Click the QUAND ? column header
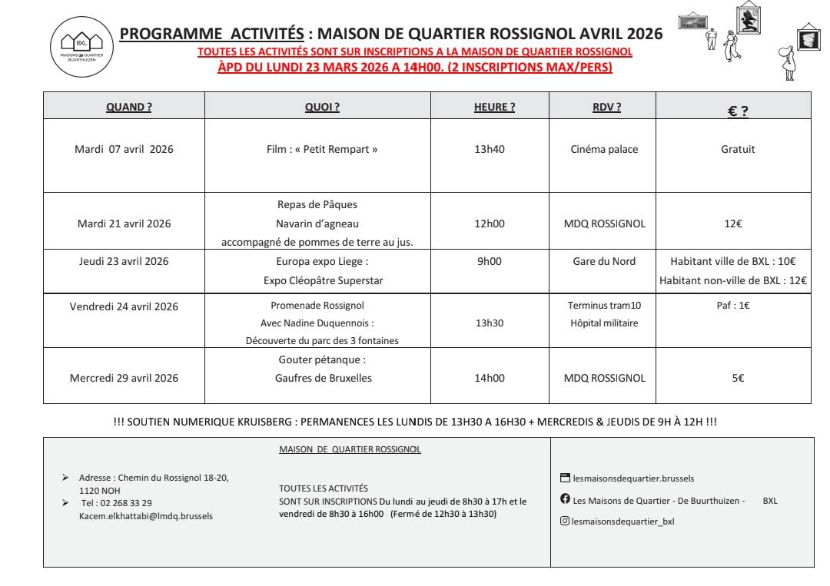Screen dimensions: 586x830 click(x=128, y=108)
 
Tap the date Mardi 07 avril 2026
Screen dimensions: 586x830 click(x=124, y=150)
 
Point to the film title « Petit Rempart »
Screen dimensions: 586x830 click(x=322, y=150)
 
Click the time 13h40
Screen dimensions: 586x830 click(x=489, y=150)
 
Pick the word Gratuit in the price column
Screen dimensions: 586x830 click(x=738, y=150)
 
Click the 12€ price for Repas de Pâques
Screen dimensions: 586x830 click(x=738, y=224)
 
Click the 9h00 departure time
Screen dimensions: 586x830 click(x=489, y=261)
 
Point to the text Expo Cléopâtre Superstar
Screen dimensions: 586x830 click(x=322, y=280)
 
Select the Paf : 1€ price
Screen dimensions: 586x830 click(x=738, y=306)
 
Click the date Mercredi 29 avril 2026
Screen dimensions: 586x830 click(x=124, y=378)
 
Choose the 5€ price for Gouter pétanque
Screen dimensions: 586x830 click(x=738, y=378)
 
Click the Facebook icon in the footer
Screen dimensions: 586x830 click(x=565, y=500)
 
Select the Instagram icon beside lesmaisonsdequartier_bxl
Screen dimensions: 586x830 click(x=565, y=521)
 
